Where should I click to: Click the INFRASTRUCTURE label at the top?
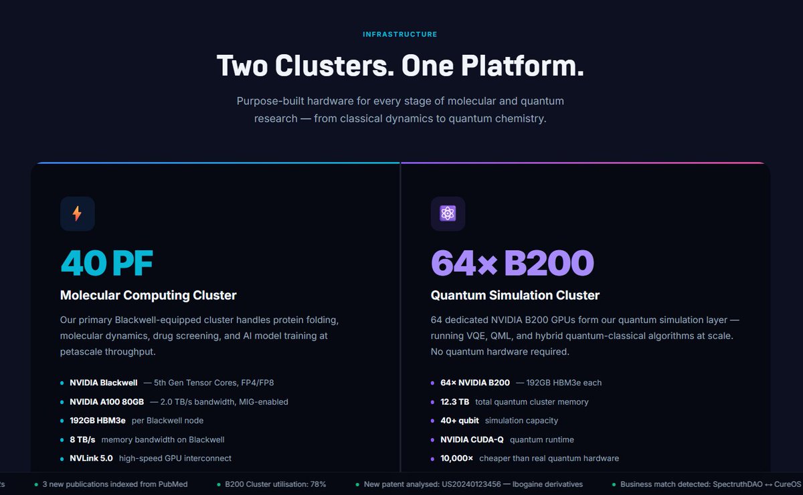(x=399, y=34)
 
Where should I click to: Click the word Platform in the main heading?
(x=523, y=66)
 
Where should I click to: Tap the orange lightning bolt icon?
(x=77, y=213)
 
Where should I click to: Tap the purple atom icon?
(x=448, y=213)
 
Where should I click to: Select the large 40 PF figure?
(x=107, y=263)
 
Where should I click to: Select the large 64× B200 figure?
(x=513, y=263)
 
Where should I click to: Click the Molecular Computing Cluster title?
(x=148, y=296)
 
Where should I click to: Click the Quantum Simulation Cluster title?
(x=515, y=296)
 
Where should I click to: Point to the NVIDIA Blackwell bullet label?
(x=103, y=383)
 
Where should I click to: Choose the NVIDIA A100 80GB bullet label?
(x=106, y=402)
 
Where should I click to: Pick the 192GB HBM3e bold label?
(x=98, y=421)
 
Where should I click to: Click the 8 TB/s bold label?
(x=82, y=439)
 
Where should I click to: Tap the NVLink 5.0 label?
(x=91, y=458)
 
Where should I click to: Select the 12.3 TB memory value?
(x=454, y=402)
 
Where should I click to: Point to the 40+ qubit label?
(x=460, y=421)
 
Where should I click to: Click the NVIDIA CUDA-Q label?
(x=472, y=439)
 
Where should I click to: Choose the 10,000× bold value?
(x=456, y=458)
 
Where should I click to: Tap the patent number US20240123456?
(x=471, y=484)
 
